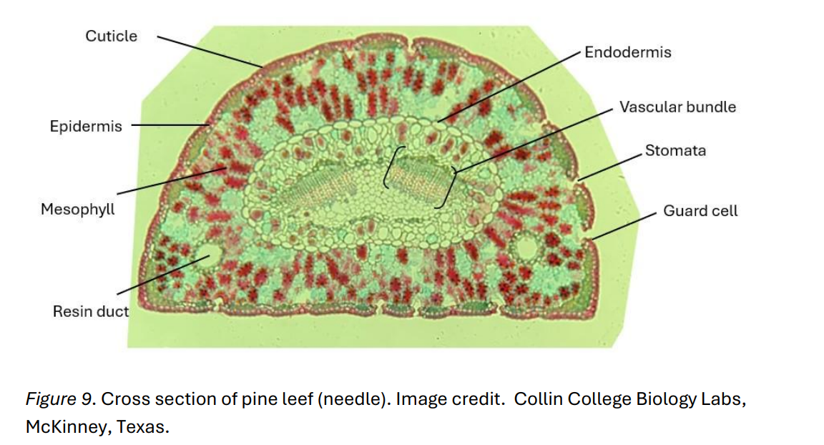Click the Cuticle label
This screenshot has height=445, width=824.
coord(111,36)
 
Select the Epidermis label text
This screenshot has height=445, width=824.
coord(86,127)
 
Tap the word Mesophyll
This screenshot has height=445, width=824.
coord(77,210)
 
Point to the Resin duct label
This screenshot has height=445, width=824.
coord(91,312)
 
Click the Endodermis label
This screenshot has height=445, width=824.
coord(627,52)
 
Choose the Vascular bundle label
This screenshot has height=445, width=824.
coord(677,107)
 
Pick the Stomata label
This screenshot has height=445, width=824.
coord(675,151)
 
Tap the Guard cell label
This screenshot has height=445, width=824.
coord(700,211)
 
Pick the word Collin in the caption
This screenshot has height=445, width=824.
coord(536,399)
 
